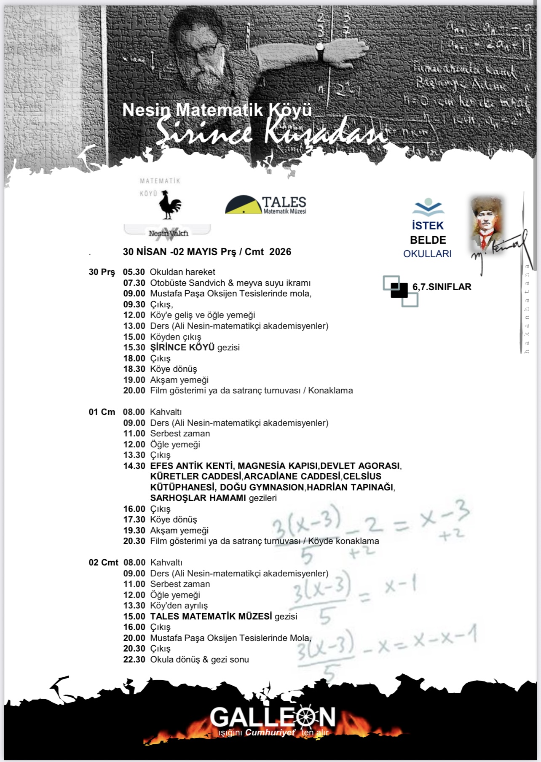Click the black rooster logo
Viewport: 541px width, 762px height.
[x=170, y=205]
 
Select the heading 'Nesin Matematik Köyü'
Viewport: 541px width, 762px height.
[x=217, y=110]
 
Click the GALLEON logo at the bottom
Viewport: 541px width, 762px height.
[x=273, y=718]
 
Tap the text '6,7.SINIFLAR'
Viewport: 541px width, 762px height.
[x=442, y=287]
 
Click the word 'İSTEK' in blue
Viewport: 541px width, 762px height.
[x=428, y=226]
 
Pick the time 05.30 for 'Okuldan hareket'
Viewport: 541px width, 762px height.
[x=134, y=272]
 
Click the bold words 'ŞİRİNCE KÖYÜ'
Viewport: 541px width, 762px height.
[x=182, y=347]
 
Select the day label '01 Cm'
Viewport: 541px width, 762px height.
[x=102, y=412]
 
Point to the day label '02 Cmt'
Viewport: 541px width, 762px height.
[x=103, y=563]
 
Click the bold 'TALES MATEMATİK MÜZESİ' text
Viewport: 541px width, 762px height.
[x=211, y=617]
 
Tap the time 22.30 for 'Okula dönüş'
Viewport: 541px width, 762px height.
[x=134, y=660]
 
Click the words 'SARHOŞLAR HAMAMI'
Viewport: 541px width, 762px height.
[x=198, y=498]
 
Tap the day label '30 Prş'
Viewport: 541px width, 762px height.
[x=102, y=272]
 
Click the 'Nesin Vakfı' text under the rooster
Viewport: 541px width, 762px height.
[x=168, y=233]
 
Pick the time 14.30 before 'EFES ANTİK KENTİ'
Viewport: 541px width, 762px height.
[x=134, y=466]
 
